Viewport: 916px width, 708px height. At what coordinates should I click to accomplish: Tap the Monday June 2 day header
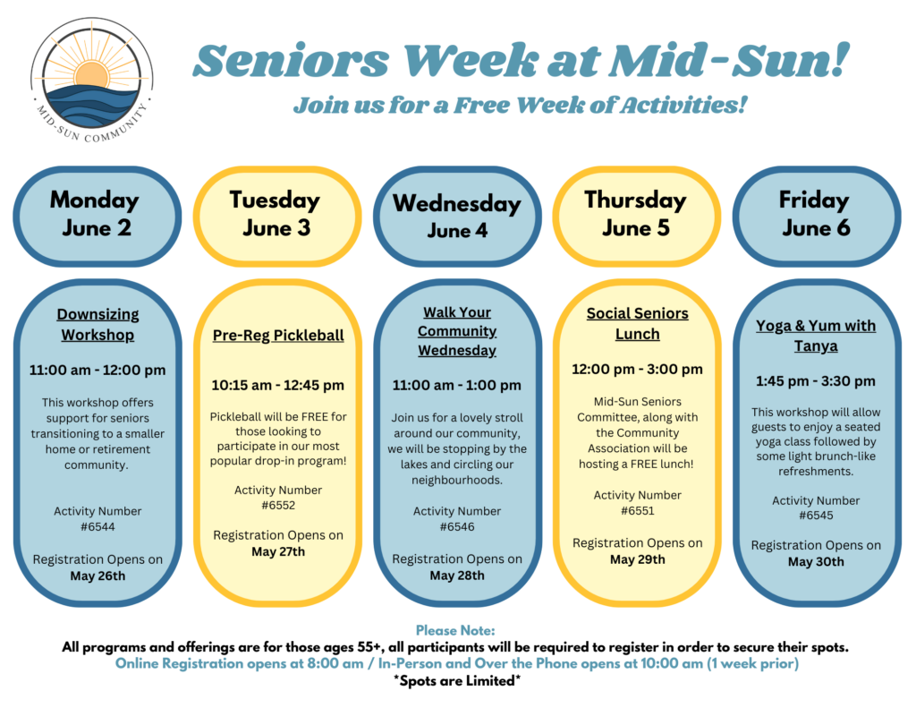coord(97,217)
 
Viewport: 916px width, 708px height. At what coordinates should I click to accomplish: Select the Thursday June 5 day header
coord(636,217)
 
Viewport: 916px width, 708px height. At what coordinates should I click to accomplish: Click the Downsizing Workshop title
coord(98,325)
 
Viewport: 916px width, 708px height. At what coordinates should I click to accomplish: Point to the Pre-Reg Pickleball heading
coord(278,335)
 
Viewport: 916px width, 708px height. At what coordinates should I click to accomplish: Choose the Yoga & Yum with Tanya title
coord(816,336)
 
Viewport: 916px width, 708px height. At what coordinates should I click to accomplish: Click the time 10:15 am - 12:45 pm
coord(277,385)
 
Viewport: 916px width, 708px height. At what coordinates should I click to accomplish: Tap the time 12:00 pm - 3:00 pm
coord(637,370)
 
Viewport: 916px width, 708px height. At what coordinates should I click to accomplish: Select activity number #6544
coord(98,527)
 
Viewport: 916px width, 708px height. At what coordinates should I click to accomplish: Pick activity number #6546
coord(457,527)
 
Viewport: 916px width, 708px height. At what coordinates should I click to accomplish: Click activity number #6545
coord(816,515)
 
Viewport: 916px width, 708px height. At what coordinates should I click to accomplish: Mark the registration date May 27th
coord(278,551)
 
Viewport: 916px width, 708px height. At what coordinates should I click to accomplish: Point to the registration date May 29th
coord(637,559)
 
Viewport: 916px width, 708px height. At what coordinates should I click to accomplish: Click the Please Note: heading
coord(455,630)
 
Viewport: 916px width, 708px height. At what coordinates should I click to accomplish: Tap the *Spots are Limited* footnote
coord(457,680)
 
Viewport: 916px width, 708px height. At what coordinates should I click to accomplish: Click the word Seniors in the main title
coord(291,60)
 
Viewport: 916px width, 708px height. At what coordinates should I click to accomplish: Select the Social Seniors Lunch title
coord(637,323)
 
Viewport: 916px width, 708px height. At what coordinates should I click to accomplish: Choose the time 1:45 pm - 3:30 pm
coord(816,381)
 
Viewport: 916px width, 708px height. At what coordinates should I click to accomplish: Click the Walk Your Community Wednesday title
coord(457,331)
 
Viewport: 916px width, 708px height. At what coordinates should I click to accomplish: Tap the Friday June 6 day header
coord(816,217)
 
